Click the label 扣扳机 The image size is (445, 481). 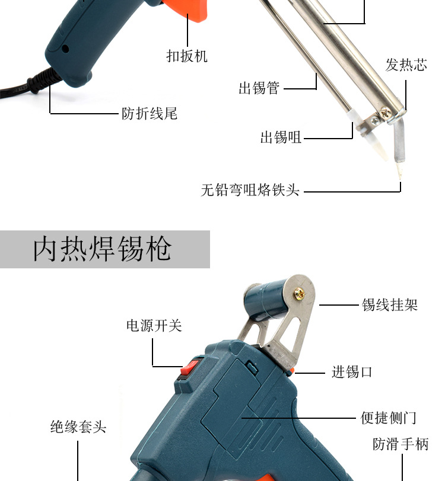pos(187,56)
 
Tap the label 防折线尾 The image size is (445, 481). pos(150,113)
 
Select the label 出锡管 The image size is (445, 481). pos(259,89)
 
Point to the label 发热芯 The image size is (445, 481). pos(406,65)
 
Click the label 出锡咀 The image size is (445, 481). pos(281,138)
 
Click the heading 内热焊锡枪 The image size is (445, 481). pos(102,249)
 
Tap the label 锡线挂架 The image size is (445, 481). pos(390,305)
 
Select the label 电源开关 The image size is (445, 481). pos(154,326)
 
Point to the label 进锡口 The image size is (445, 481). pos(352,373)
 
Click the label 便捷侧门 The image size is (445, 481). pos(389,418)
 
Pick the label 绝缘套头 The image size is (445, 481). pos(78,427)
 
